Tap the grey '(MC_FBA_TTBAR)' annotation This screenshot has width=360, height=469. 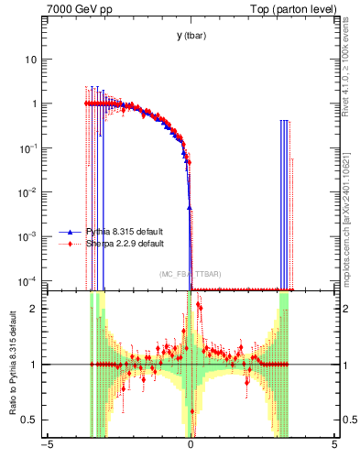(x=190, y=274)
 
